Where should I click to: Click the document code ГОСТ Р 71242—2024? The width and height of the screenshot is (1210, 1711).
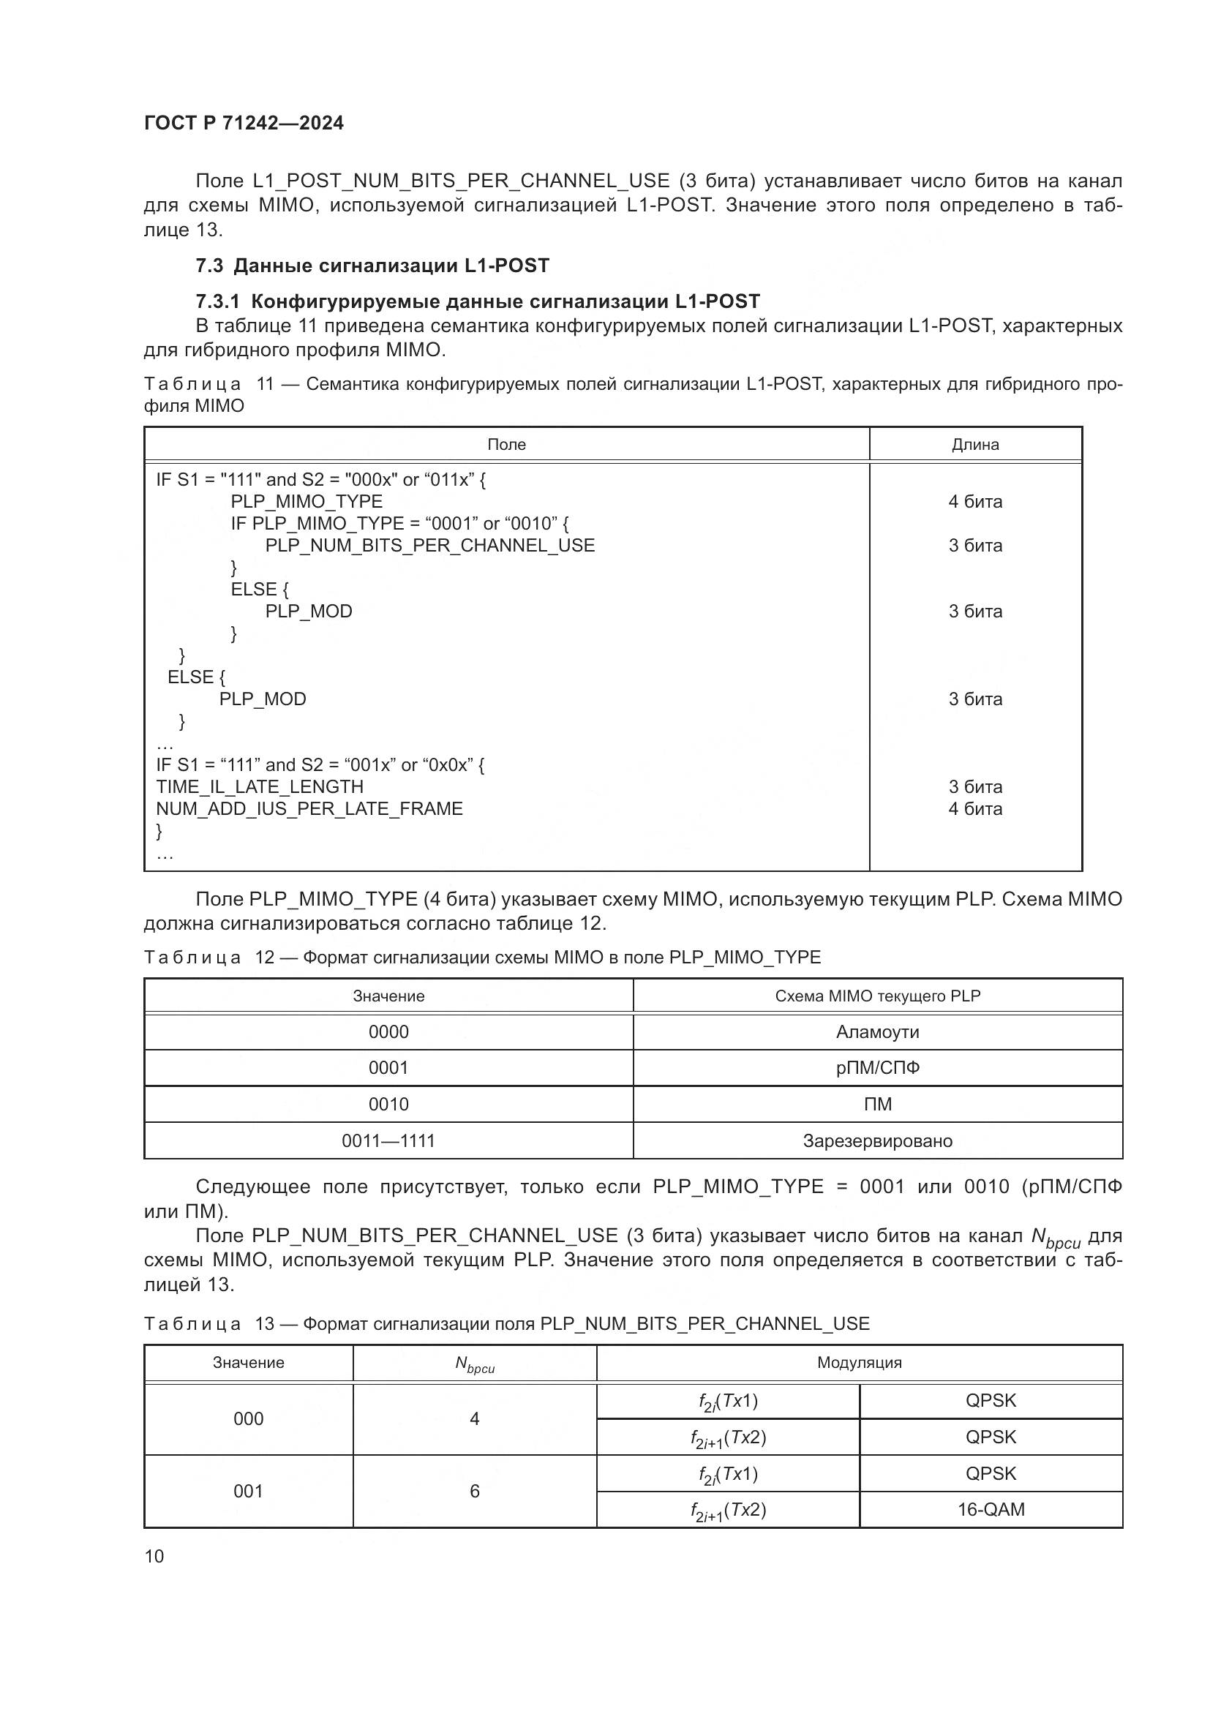[x=244, y=124]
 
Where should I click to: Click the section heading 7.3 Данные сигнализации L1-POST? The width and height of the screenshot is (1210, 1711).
[x=372, y=266]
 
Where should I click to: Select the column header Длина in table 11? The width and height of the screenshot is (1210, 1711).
[x=974, y=445]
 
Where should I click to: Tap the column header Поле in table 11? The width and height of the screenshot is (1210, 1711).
[x=506, y=445]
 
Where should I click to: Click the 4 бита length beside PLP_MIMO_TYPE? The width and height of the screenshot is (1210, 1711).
[x=974, y=503]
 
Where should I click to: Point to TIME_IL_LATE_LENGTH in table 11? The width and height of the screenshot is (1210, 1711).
[x=259, y=787]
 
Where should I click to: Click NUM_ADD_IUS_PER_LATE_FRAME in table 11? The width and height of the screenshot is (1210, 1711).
[x=309, y=809]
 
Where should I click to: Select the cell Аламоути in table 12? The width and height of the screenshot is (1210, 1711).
[x=877, y=1032]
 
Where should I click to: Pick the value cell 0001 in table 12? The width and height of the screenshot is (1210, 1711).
[x=388, y=1068]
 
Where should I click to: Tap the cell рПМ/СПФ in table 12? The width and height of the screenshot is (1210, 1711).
[x=877, y=1068]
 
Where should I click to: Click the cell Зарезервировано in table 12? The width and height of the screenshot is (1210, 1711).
[x=877, y=1141]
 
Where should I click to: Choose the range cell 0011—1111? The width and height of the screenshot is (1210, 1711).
[x=388, y=1141]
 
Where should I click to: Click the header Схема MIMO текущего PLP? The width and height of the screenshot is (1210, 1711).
[x=877, y=996]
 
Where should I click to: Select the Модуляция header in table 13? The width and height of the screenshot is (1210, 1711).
[x=859, y=1363]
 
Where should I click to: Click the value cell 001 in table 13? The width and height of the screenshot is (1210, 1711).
[x=248, y=1491]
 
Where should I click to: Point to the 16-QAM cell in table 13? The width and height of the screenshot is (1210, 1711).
[x=991, y=1510]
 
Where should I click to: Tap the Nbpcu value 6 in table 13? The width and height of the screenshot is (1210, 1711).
[x=474, y=1491]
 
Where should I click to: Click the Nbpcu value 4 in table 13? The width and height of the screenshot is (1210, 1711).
[x=474, y=1419]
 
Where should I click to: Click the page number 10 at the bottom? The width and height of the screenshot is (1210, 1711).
[x=154, y=1557]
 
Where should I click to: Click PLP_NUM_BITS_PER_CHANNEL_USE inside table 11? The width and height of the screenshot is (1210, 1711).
[x=430, y=546]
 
